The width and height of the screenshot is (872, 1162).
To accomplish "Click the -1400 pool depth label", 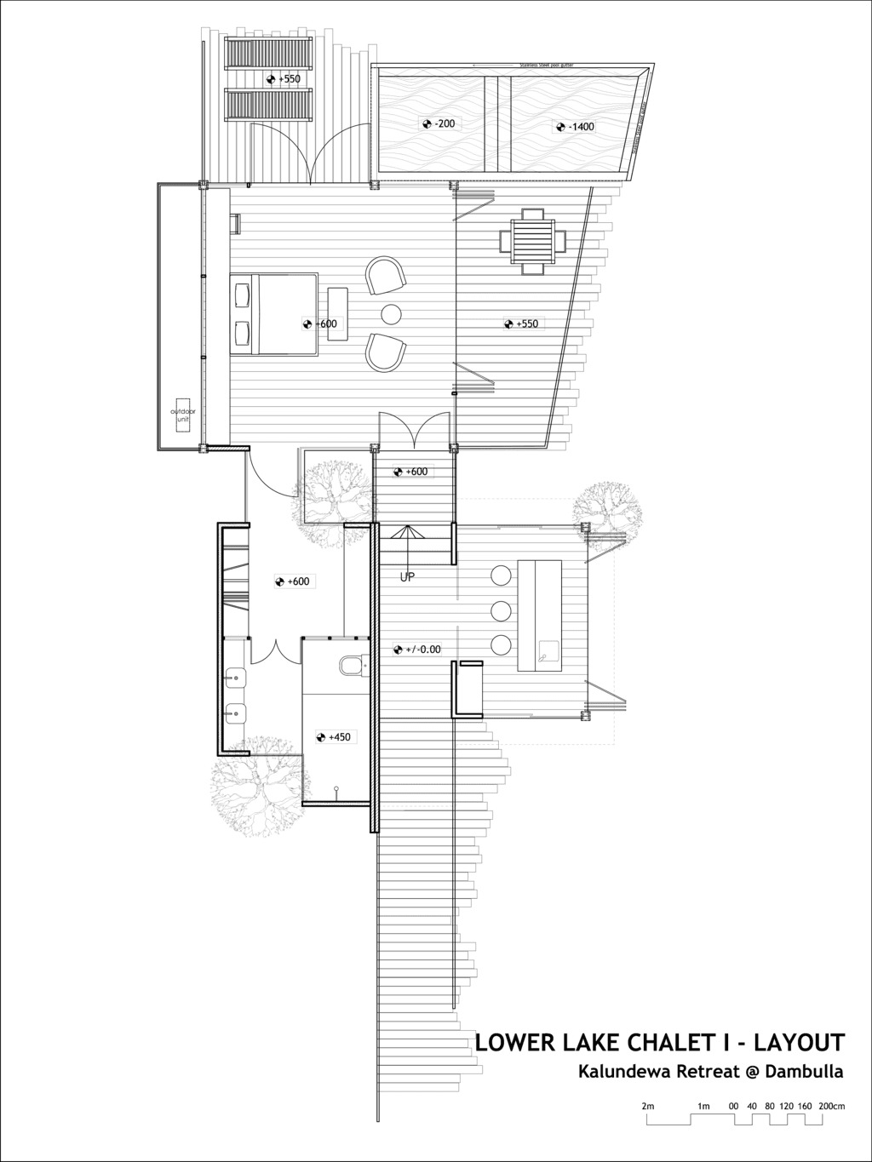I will coord(577,127).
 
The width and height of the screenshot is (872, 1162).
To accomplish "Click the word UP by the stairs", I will coord(408,577).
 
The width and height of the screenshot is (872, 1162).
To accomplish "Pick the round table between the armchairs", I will coord(392,314).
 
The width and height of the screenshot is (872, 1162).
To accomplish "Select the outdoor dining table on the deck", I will coord(533,241).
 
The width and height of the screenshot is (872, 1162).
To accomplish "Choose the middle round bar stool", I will coord(501,610).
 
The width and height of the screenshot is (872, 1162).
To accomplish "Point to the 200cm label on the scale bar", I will coord(832,844).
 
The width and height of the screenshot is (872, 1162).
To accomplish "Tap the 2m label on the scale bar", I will coord(648,844).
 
